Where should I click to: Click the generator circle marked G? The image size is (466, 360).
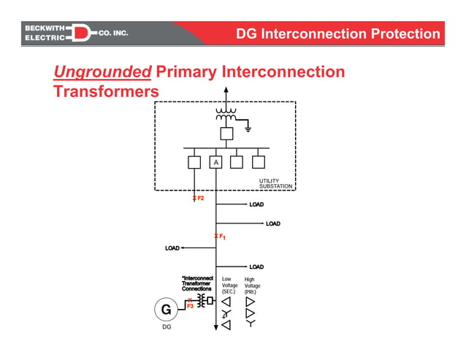[x=166, y=310]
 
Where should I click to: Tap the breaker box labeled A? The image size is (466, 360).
[x=215, y=162]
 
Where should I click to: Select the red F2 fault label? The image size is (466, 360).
[x=199, y=198]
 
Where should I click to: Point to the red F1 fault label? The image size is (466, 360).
[x=221, y=237]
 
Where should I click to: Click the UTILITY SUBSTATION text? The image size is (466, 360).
[x=275, y=184]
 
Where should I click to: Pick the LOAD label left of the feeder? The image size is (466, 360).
[x=172, y=248]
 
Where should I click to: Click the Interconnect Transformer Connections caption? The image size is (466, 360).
[x=196, y=284]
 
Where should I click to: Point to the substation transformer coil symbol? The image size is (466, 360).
[x=226, y=115]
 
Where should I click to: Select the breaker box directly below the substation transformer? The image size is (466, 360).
[x=226, y=134]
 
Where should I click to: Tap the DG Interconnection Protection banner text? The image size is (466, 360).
[x=338, y=34]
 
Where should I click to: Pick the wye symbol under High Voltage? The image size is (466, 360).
[x=251, y=323]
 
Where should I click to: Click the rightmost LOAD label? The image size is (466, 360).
[x=273, y=223]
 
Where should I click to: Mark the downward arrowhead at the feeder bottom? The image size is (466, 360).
[x=215, y=327]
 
